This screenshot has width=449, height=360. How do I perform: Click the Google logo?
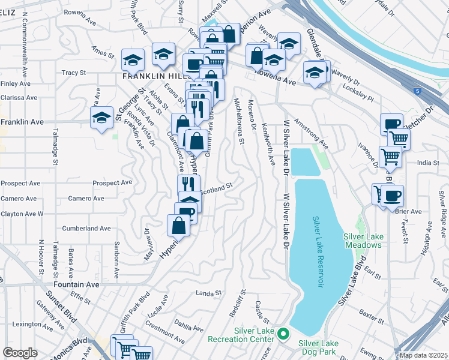point(20,353)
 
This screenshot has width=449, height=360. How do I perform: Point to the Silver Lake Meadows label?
point(363,240)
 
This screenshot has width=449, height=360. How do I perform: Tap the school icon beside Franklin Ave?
point(101,118)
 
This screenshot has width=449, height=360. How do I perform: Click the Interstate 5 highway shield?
point(418,91)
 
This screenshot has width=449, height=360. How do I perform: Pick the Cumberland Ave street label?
point(86,229)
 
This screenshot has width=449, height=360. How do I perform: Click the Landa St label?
point(209,293)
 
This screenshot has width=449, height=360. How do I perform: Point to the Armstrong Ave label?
point(311,136)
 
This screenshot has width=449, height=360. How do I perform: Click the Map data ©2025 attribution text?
point(424,355)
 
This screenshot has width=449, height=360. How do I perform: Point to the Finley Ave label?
point(12,83)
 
